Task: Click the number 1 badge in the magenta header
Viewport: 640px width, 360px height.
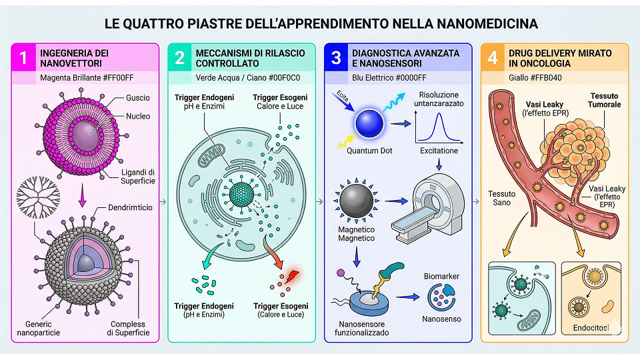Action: (24, 57)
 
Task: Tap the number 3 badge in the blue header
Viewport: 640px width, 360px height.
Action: (336, 57)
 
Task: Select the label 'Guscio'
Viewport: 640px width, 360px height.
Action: (138, 98)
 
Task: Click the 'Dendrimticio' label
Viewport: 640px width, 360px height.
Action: (130, 208)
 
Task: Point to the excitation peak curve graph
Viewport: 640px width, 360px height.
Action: (439, 124)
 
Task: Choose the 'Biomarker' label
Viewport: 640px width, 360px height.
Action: (441, 276)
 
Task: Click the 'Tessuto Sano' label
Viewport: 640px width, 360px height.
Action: (501, 198)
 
